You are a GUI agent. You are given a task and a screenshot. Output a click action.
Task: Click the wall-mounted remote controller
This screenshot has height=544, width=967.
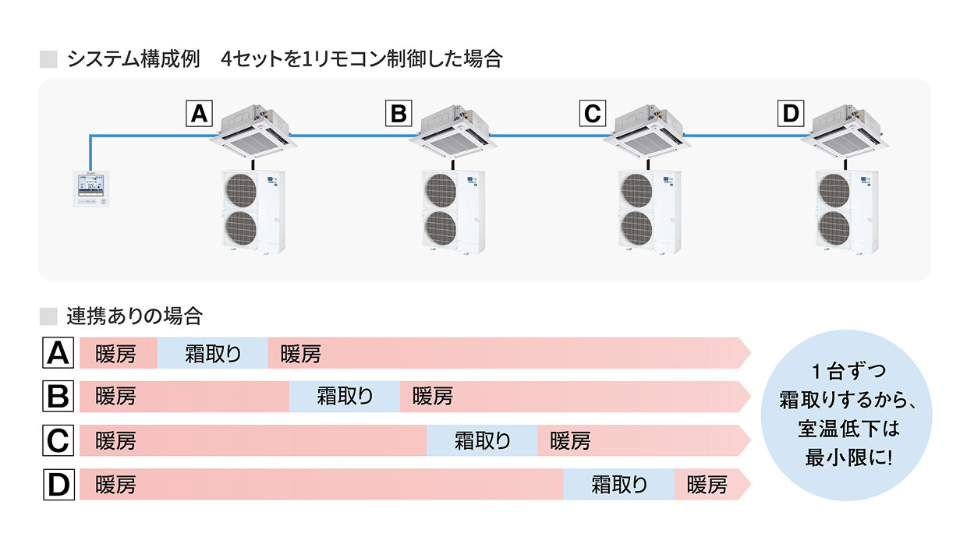[91, 188]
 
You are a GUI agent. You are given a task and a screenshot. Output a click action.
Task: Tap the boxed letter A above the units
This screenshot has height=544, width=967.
[199, 115]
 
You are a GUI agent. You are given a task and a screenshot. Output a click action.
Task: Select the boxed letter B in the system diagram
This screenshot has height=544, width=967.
[398, 115]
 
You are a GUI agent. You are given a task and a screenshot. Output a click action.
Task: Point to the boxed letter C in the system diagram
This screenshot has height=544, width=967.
[593, 115]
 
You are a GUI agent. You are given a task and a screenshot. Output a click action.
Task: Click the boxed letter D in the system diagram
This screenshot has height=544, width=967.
[792, 115]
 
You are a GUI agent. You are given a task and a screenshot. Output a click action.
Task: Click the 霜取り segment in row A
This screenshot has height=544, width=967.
[213, 354]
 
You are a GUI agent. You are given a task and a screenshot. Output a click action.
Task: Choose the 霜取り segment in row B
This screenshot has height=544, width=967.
[345, 397]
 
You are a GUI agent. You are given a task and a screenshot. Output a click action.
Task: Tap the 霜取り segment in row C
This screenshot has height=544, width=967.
[482, 441]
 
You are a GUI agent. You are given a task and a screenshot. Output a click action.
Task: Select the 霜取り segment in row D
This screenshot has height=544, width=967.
[619, 485]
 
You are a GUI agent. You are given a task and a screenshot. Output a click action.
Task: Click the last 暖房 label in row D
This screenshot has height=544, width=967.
[707, 485]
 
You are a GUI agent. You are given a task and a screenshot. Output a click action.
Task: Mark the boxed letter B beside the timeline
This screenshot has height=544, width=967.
[58, 397]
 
